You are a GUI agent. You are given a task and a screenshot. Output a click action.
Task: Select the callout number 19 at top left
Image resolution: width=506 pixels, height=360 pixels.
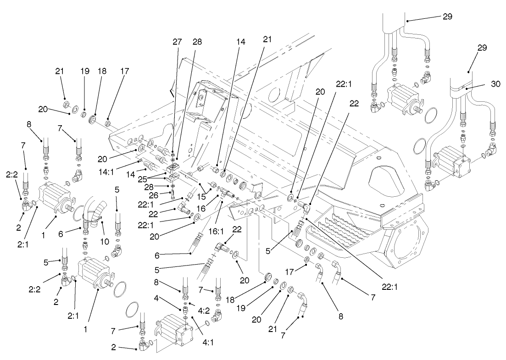tap(83, 71)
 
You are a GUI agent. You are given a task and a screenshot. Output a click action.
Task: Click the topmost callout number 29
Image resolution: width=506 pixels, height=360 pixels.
tap(448, 17)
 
